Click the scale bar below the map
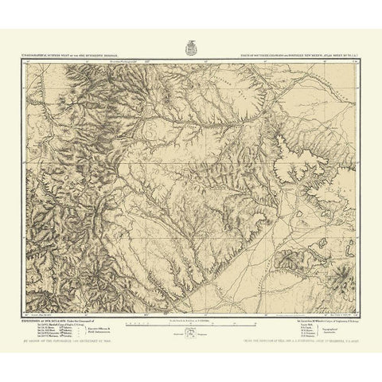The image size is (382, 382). coord(191,323)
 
